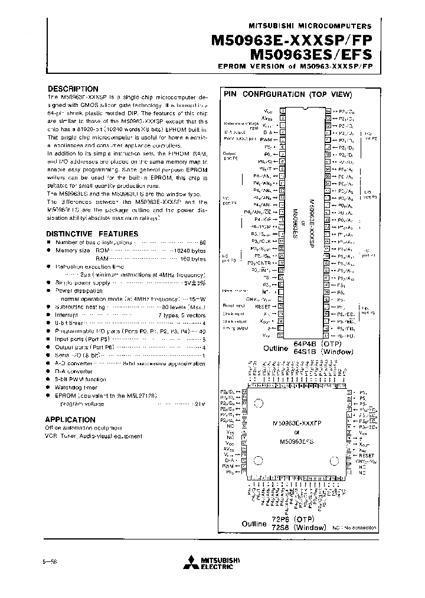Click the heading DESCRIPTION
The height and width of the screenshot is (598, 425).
(x=73, y=89)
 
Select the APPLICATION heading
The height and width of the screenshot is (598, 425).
(x=70, y=420)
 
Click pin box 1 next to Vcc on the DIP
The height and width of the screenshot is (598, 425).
(x=283, y=110)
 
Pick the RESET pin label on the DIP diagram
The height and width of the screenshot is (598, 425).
(x=263, y=307)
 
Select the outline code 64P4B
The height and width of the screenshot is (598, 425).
(x=303, y=344)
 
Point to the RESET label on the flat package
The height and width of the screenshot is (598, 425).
(x=367, y=456)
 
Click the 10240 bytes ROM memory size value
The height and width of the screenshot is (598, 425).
(x=188, y=251)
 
